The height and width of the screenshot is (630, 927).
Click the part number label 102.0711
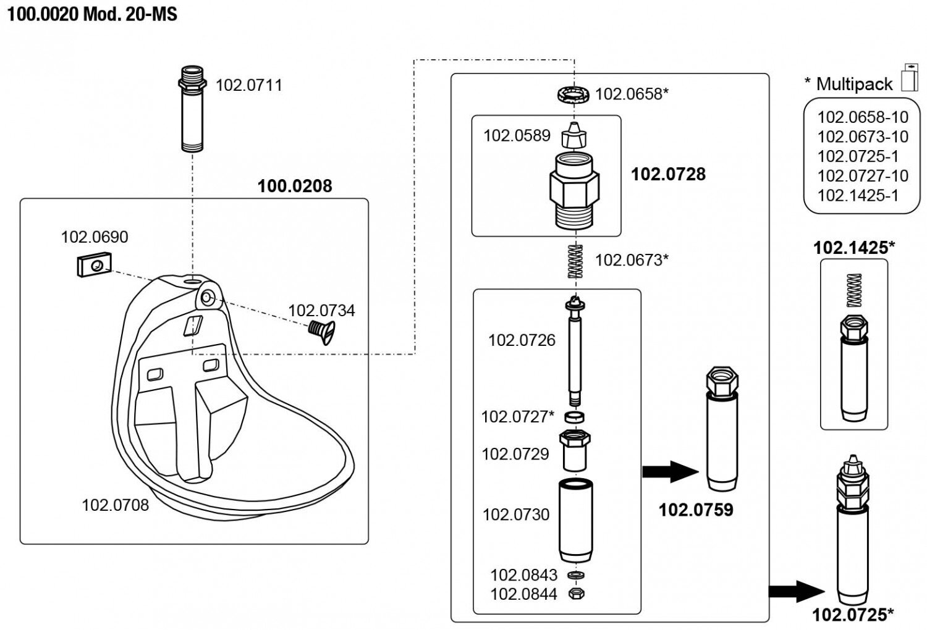coord(248,85)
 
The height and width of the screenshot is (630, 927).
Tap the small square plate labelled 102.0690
coord(93,265)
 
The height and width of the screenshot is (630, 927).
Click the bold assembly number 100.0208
coord(294,186)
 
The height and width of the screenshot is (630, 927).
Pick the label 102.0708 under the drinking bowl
coord(116,505)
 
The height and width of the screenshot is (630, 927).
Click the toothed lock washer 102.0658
coord(572,94)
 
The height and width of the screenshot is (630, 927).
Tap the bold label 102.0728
coord(668,174)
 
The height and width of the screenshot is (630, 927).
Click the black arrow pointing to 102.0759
coord(670,472)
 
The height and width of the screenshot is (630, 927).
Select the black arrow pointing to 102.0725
coord(797,591)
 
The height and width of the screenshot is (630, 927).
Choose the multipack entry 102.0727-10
coord(863,176)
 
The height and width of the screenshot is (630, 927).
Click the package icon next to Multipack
coord(910,77)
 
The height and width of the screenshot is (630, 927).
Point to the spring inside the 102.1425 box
coord(854,290)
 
